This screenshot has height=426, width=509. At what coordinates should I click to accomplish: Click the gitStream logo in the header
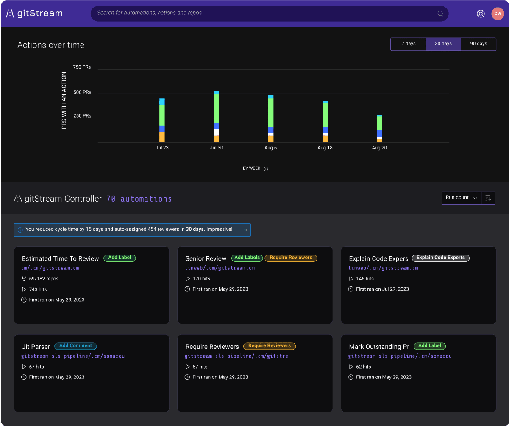click(34, 13)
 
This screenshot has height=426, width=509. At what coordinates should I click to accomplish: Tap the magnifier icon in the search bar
click(440, 14)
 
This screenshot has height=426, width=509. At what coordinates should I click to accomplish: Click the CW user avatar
click(497, 14)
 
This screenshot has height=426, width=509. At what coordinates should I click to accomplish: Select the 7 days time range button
click(408, 44)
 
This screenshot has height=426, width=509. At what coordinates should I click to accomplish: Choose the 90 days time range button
click(478, 44)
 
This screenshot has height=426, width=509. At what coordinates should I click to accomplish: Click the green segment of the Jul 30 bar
click(216, 108)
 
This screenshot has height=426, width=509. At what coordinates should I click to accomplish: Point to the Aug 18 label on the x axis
click(325, 148)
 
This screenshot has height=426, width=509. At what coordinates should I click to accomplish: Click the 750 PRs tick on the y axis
click(82, 67)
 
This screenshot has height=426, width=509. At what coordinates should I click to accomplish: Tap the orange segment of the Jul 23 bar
click(162, 137)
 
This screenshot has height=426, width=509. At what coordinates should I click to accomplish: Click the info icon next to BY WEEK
click(266, 169)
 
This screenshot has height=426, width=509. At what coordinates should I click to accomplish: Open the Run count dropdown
click(462, 198)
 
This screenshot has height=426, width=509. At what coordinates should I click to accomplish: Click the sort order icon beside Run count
click(488, 198)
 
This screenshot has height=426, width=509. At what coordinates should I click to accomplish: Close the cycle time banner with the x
click(245, 230)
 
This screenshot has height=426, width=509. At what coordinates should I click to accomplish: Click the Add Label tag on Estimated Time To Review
click(120, 258)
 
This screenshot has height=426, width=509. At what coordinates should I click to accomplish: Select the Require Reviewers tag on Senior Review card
click(291, 258)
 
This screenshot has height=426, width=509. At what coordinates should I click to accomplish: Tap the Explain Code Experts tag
click(440, 258)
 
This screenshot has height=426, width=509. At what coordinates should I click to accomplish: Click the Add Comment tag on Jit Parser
click(75, 346)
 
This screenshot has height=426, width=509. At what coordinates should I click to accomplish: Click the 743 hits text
click(38, 289)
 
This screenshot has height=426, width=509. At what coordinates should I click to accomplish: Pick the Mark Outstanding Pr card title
click(379, 347)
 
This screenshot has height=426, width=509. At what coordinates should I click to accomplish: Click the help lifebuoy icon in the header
click(481, 14)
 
